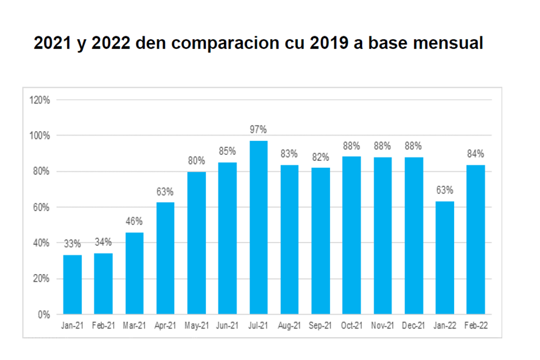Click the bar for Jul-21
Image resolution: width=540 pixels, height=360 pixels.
[x=258, y=227]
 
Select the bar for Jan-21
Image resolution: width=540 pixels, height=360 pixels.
[x=72, y=284]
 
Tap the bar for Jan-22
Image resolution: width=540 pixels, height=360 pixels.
[x=444, y=258]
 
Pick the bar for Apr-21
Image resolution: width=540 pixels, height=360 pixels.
[x=165, y=258]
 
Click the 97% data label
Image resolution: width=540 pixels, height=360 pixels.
[x=258, y=129]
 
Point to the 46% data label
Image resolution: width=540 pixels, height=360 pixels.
[x=134, y=221]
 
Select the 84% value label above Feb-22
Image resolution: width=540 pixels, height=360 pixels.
[x=476, y=154]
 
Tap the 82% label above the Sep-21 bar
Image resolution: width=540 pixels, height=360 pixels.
[x=320, y=156]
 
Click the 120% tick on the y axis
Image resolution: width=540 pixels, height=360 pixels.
[x=39, y=100]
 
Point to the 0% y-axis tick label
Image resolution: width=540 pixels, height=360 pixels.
[x=44, y=315]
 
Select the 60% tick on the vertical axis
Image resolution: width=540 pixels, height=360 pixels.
[x=41, y=207]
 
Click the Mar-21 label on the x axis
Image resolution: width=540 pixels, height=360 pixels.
[x=134, y=326]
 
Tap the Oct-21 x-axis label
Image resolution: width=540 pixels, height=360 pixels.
[x=351, y=326]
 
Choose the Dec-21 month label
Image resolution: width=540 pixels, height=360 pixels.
[x=413, y=326]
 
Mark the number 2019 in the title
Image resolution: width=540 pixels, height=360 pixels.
[x=363, y=44]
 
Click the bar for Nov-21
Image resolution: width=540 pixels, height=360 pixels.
[x=383, y=235]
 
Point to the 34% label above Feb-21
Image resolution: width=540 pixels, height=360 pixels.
[x=103, y=242]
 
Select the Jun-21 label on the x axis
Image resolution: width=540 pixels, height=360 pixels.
[x=227, y=326]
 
